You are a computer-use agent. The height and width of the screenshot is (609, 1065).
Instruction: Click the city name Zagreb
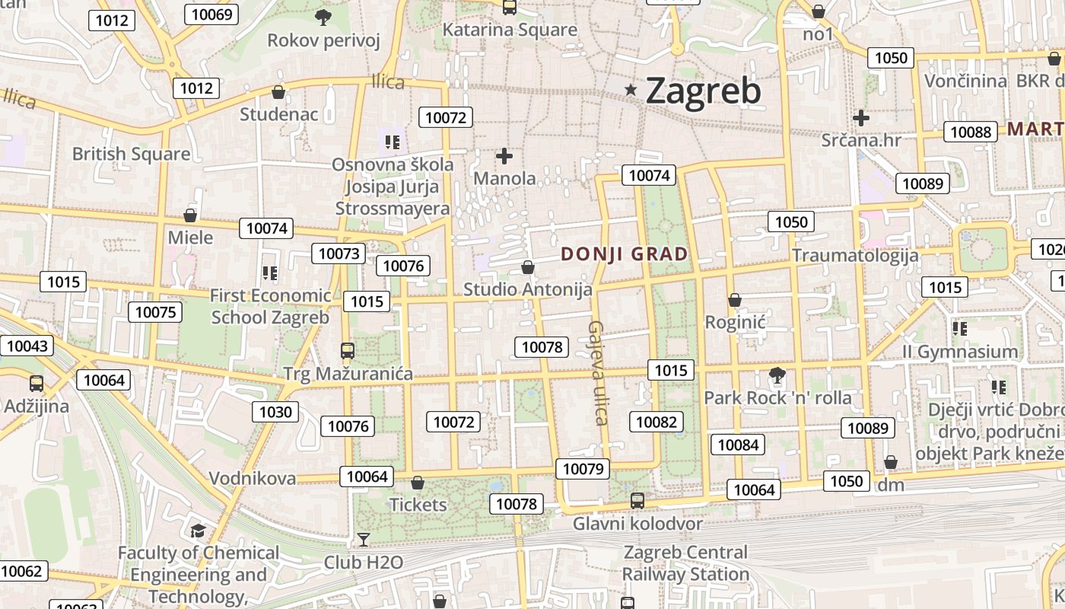(703, 91)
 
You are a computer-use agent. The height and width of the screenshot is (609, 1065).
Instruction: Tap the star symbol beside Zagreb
(631, 90)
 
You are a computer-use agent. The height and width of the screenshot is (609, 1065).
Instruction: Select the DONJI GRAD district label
(625, 254)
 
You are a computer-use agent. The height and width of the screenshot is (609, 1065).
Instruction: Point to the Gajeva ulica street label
(598, 372)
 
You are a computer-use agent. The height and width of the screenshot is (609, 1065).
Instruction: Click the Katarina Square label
(510, 30)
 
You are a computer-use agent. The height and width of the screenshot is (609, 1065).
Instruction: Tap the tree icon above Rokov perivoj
(323, 17)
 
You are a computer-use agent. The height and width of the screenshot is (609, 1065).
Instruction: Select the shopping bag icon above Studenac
(278, 92)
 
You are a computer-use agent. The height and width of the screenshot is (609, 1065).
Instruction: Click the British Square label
(131, 154)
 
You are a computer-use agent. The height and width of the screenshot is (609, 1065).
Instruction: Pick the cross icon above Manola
(504, 157)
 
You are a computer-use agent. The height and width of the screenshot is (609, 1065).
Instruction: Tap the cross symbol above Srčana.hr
(861, 118)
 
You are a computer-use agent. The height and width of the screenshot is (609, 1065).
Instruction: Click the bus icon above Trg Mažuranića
(348, 351)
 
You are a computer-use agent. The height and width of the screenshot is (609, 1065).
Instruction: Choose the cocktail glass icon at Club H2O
(364, 540)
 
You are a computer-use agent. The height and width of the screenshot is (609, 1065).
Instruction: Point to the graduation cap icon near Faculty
(198, 531)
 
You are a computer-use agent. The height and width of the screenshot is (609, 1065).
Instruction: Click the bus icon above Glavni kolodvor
(637, 501)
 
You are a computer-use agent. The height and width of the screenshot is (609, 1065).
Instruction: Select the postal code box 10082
(656, 422)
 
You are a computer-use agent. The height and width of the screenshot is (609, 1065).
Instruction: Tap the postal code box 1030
(275, 412)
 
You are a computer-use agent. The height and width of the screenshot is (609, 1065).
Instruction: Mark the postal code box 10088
(971, 132)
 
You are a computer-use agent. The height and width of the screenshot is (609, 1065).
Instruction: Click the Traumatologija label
(855, 255)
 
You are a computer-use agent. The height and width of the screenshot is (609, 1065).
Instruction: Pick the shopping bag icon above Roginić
(735, 300)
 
